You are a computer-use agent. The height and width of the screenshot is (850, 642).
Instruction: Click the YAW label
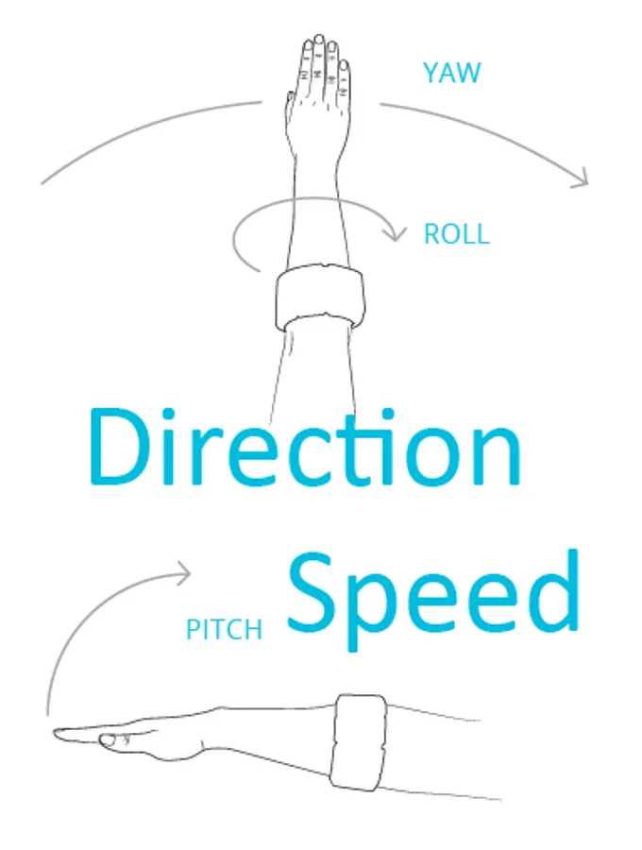pos(451,73)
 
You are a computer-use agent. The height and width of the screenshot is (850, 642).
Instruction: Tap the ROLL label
pos(456,234)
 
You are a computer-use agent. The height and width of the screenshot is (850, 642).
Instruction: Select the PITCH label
pos(224,629)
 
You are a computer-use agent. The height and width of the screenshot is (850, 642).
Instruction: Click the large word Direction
pos(304,447)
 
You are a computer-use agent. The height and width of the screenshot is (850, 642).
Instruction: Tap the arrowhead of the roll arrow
pos(395,233)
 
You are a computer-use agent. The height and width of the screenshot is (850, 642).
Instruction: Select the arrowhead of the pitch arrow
pos(183,573)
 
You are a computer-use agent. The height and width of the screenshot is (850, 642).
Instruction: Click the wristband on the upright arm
pos(320,297)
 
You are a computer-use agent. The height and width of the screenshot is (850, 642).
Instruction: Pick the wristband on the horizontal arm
pos(359,741)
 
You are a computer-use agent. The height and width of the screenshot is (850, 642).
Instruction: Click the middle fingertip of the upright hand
pos(318,40)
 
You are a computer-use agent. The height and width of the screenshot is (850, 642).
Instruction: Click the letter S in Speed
pos(309,592)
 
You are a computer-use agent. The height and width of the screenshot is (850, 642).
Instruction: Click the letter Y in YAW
pos(431,73)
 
